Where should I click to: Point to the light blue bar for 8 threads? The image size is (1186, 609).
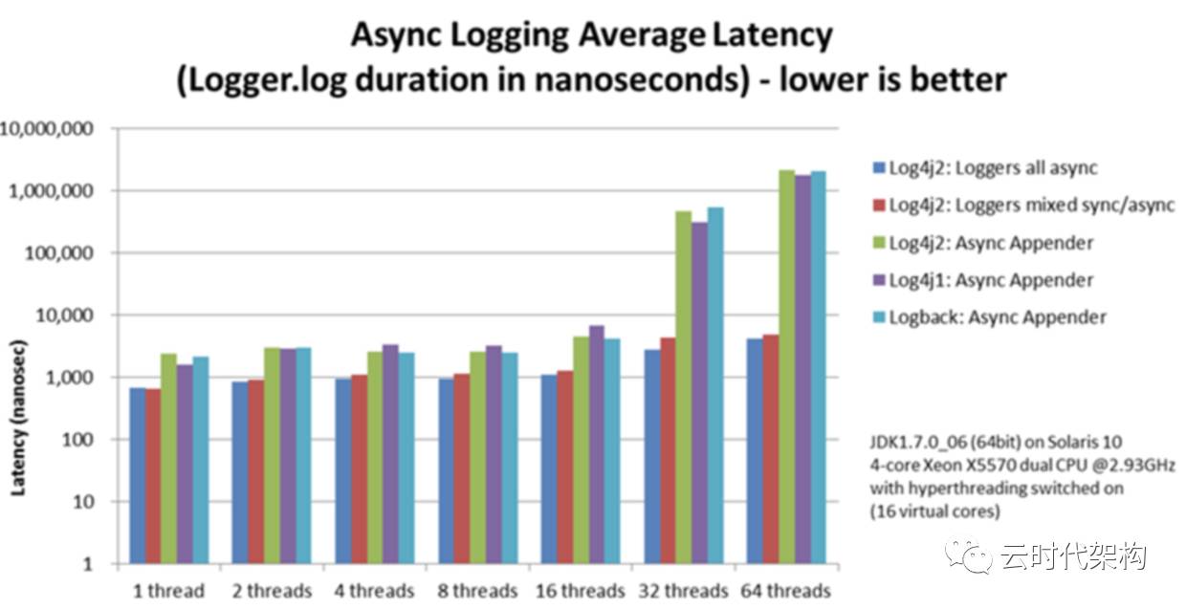point(510,458)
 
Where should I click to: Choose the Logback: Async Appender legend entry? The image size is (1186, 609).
point(997,317)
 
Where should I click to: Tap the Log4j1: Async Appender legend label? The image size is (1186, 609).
point(990,280)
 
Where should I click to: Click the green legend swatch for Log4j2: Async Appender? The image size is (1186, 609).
point(878,243)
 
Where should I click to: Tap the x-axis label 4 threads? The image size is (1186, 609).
point(374,590)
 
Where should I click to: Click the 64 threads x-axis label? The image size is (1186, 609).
point(784,590)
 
